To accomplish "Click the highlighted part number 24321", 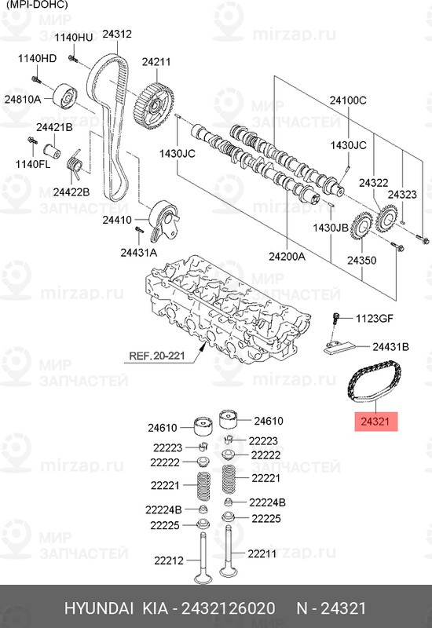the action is (x=375, y=422).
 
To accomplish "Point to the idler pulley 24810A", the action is (x=64, y=97).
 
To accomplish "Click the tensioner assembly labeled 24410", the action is (x=164, y=221).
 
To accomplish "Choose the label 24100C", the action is (x=348, y=100).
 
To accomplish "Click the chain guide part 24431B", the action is (x=339, y=347).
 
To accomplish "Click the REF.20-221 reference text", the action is (x=156, y=356).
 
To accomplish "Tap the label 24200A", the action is (x=287, y=256).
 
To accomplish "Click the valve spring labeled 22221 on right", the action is (x=229, y=479).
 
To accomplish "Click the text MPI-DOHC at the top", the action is (x=38, y=5).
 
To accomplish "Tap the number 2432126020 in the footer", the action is (x=229, y=608).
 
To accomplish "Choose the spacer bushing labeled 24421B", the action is (x=52, y=151).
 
